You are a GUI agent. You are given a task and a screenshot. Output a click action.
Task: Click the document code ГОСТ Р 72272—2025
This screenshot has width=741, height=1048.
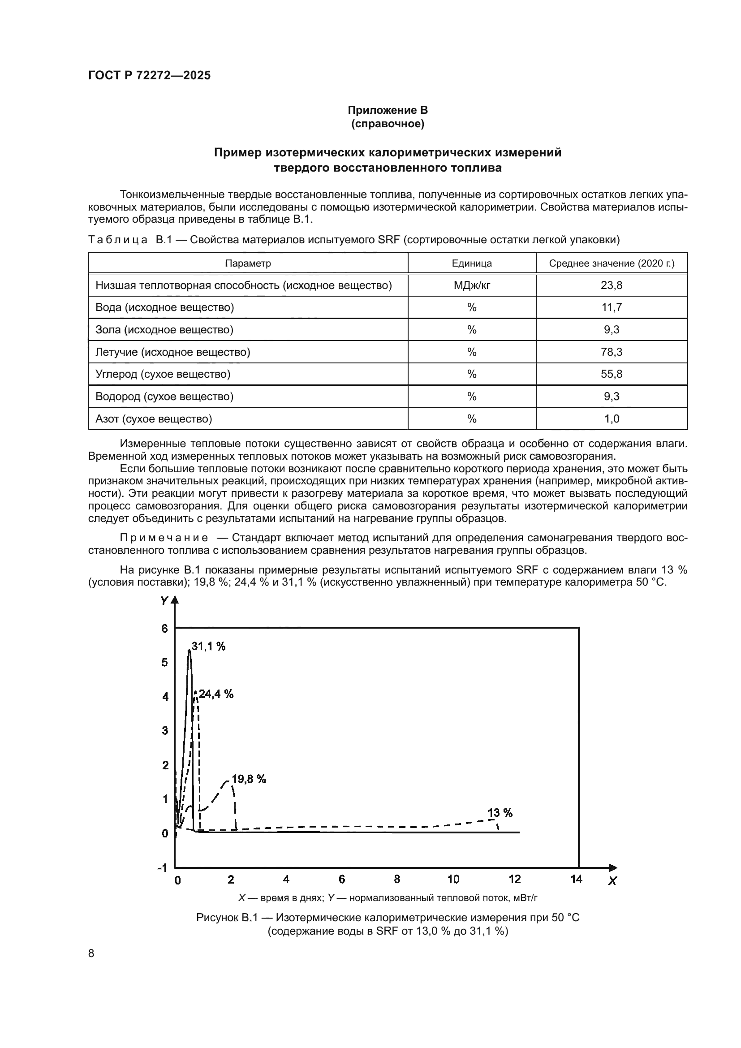[149, 75]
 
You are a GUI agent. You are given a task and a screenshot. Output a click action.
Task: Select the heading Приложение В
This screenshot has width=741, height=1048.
[388, 110]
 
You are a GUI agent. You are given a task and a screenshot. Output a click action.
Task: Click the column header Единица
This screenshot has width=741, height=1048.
[471, 263]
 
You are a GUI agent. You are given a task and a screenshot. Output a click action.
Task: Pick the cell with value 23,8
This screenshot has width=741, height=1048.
[611, 285]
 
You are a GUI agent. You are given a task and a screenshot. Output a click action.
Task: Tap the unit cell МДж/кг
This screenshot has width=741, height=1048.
[471, 285]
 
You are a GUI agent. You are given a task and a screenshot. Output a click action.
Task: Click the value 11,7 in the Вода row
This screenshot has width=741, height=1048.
[611, 307]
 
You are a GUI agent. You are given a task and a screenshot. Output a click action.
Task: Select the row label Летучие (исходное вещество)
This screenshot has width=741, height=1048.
[172, 352]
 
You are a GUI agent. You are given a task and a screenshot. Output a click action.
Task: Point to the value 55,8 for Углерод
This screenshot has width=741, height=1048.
[611, 374]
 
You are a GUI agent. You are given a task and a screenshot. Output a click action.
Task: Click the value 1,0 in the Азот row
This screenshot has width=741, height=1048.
[611, 418]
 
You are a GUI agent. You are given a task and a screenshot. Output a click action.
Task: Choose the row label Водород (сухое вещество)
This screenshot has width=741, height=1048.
[164, 396]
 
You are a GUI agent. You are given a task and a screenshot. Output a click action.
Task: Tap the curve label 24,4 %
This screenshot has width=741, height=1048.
[216, 694]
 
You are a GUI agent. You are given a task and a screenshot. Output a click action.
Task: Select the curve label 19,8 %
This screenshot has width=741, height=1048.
[249, 779]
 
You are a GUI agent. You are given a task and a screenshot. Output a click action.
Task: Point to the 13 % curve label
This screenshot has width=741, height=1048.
[500, 812]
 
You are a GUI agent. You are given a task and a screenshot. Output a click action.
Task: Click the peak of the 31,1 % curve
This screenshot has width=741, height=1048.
[189, 650]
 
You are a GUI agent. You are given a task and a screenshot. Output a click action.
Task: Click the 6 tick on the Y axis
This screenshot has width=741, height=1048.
[164, 629]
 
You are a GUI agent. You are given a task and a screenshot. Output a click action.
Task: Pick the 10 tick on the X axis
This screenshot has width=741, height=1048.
[453, 879]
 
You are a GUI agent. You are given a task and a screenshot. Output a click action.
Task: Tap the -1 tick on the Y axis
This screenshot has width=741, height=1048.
[162, 867]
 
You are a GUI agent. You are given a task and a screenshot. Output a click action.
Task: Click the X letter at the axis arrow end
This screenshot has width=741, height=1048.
[612, 881]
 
